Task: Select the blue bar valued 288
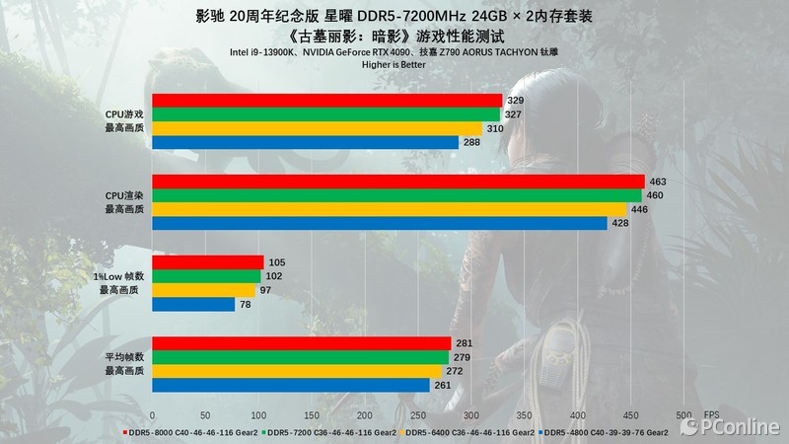point(306,142)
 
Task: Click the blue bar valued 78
point(193,304)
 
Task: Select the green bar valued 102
point(206,276)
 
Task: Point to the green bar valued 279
point(300,357)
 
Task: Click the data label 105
point(277,262)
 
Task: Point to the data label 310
point(495,129)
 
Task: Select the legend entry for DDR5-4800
point(604,431)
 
